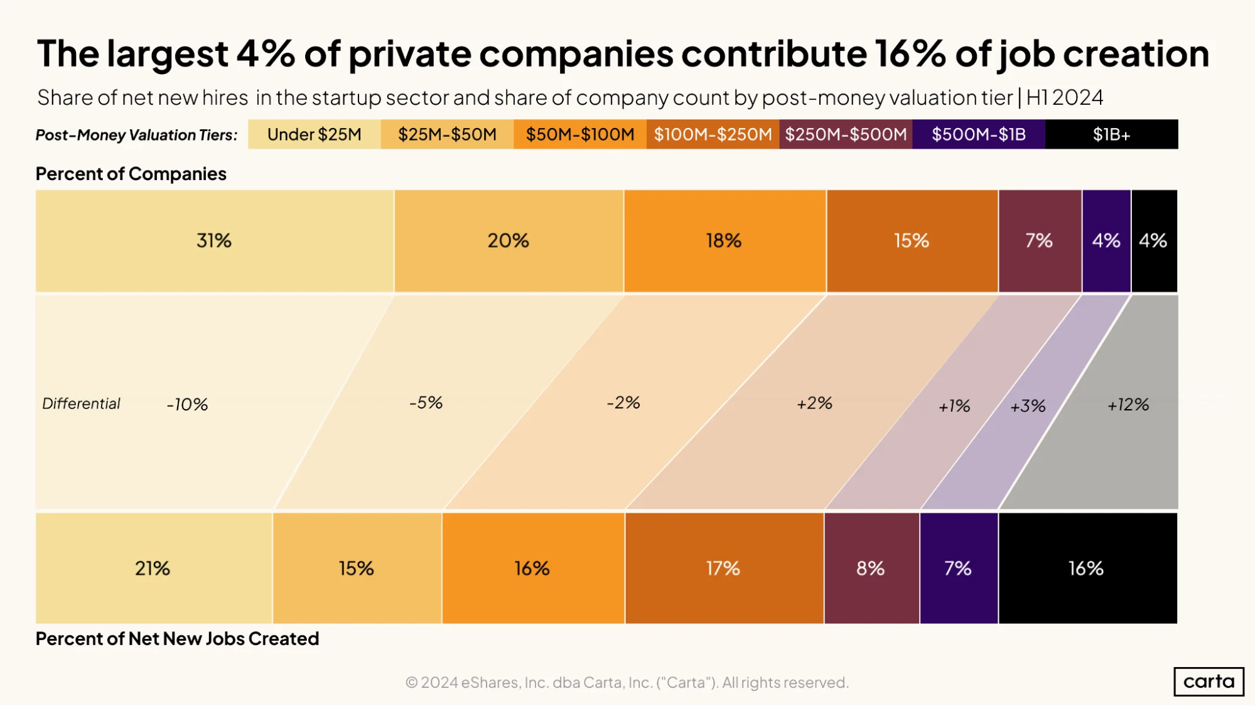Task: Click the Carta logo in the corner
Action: tap(1209, 682)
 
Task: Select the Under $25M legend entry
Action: tap(315, 134)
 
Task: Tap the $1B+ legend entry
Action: tap(1111, 134)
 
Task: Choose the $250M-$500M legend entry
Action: tap(846, 134)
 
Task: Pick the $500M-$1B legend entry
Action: tap(979, 134)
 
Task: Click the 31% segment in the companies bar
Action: tap(215, 241)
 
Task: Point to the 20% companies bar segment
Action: tap(509, 241)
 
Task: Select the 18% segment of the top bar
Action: tap(725, 241)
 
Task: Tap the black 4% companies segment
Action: tap(1154, 241)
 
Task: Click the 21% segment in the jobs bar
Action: tap(154, 568)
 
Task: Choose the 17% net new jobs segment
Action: tap(724, 568)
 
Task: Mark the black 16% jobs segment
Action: tap(1087, 568)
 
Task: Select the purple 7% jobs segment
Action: tap(959, 568)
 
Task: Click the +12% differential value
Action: tap(1128, 405)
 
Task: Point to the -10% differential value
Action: tap(187, 405)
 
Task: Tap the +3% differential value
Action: tap(1028, 407)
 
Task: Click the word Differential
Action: tap(81, 404)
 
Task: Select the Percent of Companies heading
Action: tap(131, 174)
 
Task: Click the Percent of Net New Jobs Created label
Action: tap(177, 639)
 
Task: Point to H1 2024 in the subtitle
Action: tap(1065, 98)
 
